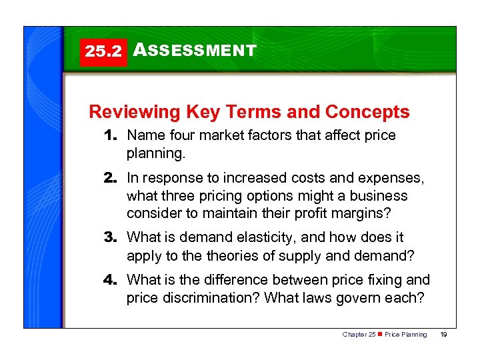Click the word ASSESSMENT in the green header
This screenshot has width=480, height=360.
point(195,51)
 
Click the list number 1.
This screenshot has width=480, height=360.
point(111,135)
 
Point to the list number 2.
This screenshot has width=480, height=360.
point(111,179)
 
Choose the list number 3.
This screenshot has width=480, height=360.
point(111,237)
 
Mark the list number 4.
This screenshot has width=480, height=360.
point(111,280)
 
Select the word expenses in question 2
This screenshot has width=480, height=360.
point(394,179)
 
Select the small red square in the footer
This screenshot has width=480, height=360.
point(380,334)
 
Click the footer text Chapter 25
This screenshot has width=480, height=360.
point(359,334)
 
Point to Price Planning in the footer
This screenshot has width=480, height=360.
point(406,334)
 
